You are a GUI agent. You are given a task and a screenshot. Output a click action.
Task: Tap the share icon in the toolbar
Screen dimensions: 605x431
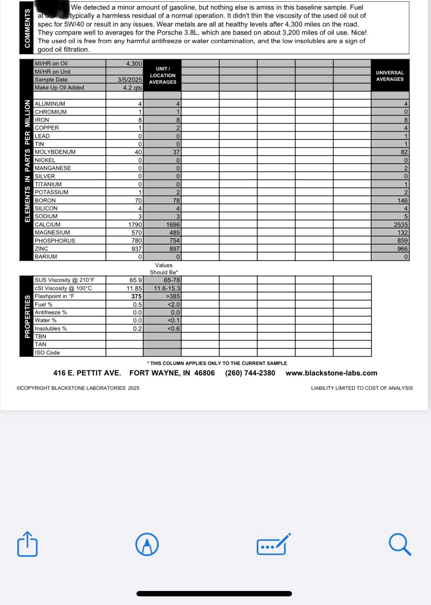coord(27,544)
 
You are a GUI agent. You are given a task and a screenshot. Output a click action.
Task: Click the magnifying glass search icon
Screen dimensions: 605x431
coord(400,545)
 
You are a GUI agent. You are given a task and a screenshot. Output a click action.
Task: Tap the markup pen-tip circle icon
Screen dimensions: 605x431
coord(147,545)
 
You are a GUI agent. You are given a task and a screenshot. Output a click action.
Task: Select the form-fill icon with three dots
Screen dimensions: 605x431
coord(273,545)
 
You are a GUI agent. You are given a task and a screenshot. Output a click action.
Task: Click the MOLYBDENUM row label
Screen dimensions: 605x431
coord(55,152)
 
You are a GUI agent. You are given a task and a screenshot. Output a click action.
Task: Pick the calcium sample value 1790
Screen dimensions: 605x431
coord(135,225)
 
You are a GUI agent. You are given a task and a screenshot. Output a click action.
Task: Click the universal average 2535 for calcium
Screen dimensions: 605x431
coord(401,225)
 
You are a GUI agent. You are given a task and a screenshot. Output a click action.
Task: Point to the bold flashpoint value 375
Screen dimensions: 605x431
coord(136,296)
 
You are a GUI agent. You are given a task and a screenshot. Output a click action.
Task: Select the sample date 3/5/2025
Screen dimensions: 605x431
coord(130,80)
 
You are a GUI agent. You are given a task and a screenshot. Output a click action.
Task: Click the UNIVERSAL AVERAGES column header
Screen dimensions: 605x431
coord(390,76)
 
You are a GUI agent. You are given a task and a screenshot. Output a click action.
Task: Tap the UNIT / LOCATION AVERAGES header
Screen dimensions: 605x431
coord(163,76)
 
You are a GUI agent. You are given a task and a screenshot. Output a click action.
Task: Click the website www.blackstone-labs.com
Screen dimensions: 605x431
coord(331,373)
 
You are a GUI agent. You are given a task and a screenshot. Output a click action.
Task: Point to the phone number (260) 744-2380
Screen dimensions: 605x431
coord(250,373)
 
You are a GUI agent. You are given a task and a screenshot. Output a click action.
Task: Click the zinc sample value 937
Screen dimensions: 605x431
coord(137,249)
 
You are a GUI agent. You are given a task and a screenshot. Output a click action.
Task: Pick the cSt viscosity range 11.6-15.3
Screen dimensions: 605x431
coord(167,288)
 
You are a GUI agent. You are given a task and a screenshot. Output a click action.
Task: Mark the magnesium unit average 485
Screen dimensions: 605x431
coord(174,233)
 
